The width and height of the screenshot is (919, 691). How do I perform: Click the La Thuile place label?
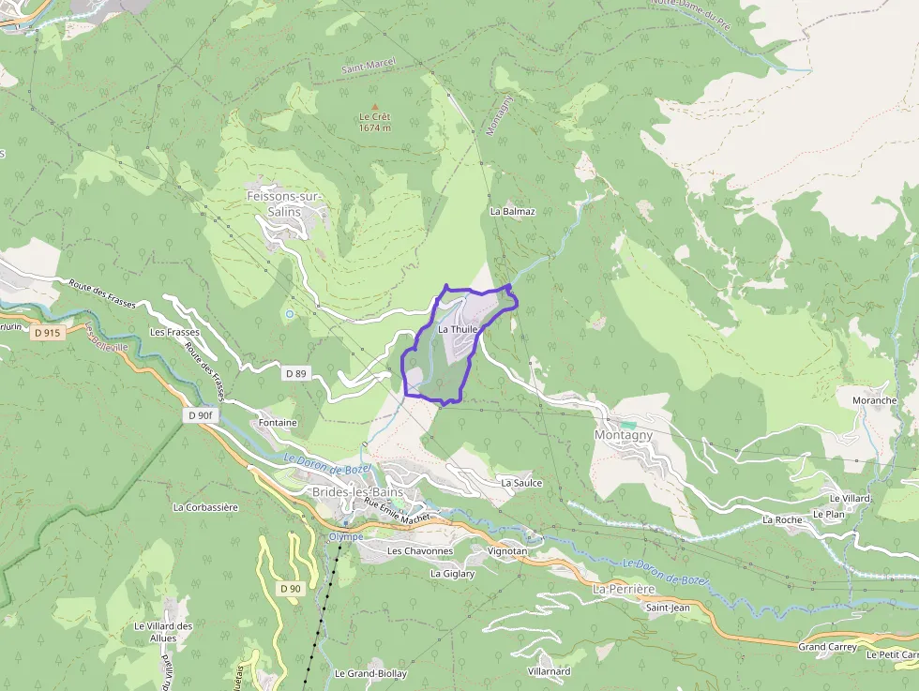459,329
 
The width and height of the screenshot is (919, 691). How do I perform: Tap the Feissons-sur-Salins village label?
282,203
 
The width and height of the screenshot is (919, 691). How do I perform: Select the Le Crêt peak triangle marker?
375,107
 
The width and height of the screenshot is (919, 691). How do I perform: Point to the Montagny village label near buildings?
624,436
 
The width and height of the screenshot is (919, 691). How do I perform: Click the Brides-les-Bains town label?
357,492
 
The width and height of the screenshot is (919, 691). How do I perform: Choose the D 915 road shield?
45,332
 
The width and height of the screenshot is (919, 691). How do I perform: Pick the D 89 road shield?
295,373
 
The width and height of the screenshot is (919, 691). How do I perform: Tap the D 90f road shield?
203,415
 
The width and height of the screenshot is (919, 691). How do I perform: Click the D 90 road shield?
291,589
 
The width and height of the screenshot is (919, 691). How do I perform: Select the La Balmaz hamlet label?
512,212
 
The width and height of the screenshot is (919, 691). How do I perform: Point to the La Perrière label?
624,589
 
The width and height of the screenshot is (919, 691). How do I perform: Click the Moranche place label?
874,400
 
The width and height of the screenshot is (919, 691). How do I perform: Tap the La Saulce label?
521,483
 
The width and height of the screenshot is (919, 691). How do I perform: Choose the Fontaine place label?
278,423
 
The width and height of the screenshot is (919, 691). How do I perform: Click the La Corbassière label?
205,507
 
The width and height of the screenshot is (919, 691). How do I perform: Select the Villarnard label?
550,671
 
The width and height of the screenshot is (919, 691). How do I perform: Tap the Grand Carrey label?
826,647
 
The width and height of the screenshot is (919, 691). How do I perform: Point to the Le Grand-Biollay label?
370,673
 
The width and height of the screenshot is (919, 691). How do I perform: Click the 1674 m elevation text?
375,128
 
